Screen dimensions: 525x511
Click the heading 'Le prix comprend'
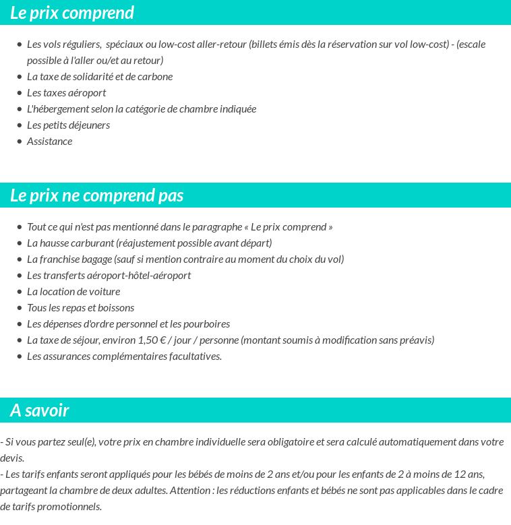click(x=72, y=13)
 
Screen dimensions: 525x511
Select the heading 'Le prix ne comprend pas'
click(x=97, y=195)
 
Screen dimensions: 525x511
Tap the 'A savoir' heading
click(x=40, y=410)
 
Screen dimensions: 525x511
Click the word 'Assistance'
click(x=49, y=142)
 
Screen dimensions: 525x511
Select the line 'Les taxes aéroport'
click(x=66, y=93)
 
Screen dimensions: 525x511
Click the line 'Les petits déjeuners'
click(x=68, y=125)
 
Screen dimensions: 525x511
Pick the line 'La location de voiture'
click(x=73, y=292)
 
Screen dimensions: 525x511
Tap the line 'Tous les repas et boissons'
click(x=80, y=308)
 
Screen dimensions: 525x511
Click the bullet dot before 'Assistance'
click(x=20, y=142)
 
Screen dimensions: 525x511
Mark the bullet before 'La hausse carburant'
click(x=20, y=243)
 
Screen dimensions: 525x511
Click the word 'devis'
click(x=11, y=458)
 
